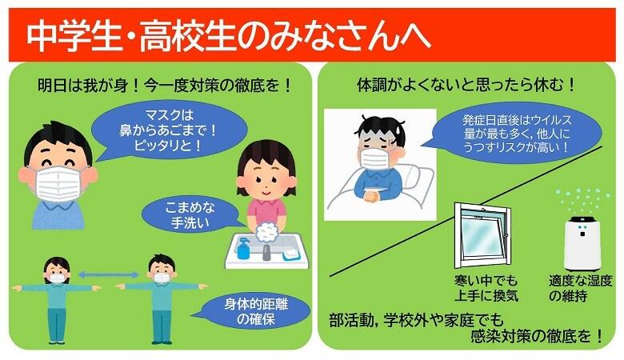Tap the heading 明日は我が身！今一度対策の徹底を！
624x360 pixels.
(165, 84)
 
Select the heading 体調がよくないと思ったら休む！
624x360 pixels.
(467, 83)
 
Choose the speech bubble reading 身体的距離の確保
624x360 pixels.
(243, 313)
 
